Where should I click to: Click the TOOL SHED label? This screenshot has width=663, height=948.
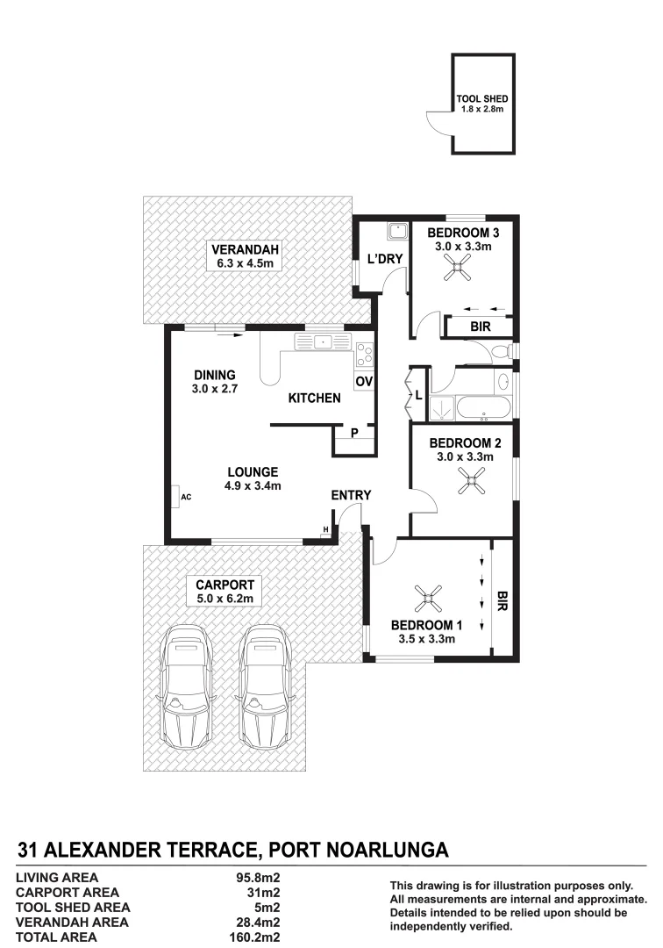pos(481,99)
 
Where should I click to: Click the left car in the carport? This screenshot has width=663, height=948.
pos(186,691)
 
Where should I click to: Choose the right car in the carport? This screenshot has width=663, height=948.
pos(260,691)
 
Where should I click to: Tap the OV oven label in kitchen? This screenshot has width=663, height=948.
pos(364,381)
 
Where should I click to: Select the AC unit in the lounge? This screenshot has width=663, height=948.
pos(179,497)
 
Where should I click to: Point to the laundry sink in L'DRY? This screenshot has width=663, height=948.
pos(396,232)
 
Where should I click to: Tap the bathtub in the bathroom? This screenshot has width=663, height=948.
pos(486,407)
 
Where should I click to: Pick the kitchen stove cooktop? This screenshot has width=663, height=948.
pos(364,354)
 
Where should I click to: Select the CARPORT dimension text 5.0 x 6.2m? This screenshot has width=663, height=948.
pos(225,599)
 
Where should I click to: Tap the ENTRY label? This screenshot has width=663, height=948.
pos(351,496)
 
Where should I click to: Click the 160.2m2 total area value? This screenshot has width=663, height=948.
pos(254,937)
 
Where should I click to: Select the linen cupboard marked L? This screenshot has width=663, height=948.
pos(418,396)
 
